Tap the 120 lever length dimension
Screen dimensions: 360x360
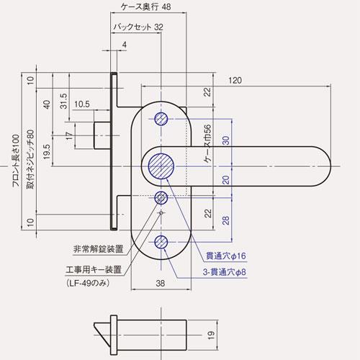[x=235, y=81]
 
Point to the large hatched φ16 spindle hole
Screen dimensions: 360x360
[x=162, y=166]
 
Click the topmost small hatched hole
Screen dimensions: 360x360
[x=162, y=119]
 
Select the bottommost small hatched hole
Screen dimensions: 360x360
[x=162, y=242]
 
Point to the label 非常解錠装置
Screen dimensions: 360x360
[x=99, y=250]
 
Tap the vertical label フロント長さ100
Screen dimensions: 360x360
[x=15, y=160]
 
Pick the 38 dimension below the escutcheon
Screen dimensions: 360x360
[x=160, y=283]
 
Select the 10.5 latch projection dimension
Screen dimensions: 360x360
[x=81, y=104]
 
